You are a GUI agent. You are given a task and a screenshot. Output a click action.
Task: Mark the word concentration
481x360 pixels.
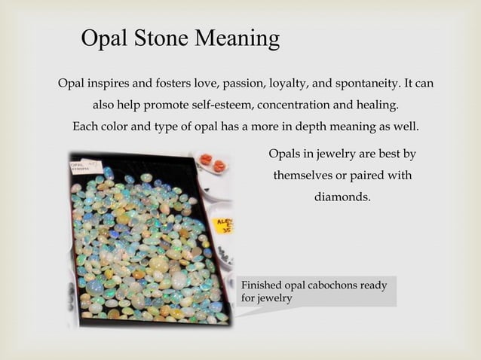[x=294, y=104]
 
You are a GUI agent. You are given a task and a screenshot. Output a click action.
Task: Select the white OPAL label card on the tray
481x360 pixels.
[x=85, y=166]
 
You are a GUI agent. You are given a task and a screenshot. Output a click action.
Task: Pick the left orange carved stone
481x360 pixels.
[x=206, y=160]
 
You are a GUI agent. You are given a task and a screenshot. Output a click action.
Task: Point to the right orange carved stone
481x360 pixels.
[x=219, y=165]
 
